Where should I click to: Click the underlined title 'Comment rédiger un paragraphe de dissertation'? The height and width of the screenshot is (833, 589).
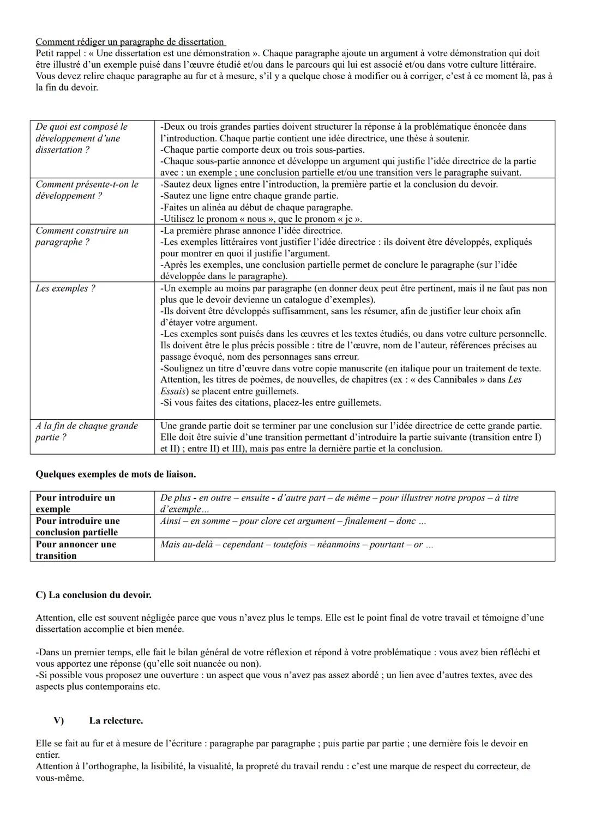point(130,42)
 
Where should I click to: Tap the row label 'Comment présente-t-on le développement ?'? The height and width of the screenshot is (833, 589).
point(87,190)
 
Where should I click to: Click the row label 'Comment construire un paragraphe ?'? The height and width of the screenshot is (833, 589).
point(82,236)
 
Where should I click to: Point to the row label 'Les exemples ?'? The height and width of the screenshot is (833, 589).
point(65,288)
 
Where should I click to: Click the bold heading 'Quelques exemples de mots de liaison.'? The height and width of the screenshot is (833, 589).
point(116,474)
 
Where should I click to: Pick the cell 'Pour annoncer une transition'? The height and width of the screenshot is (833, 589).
point(76,550)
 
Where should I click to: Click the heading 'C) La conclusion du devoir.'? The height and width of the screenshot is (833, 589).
point(93,595)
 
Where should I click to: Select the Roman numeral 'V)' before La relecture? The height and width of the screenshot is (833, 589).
point(58,721)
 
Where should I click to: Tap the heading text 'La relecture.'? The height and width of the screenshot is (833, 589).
point(116,721)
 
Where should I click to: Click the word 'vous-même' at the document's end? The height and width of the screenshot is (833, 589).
point(59,778)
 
